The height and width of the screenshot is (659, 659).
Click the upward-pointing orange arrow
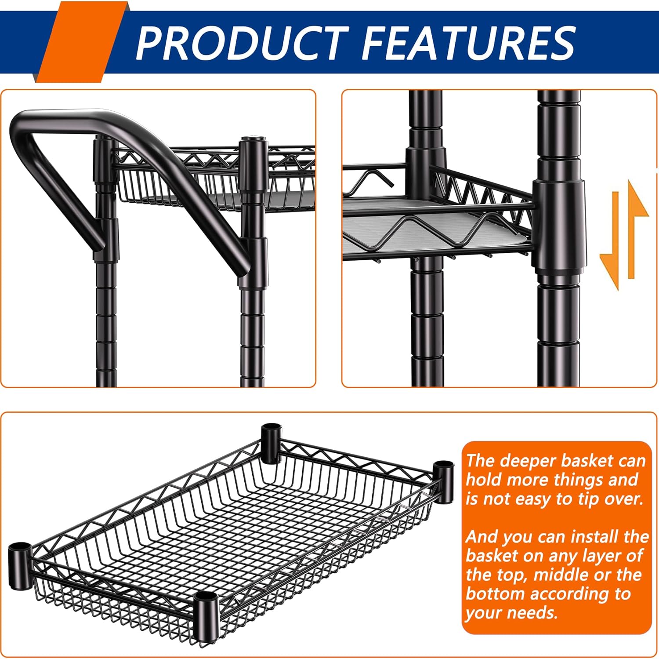click(636, 229)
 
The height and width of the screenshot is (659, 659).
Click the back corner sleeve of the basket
click(271, 442)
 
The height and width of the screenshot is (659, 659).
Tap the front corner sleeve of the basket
click(205, 615)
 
